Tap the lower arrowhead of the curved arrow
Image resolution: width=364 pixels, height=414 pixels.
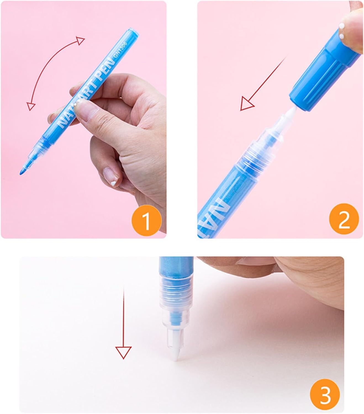pyautogui.click(x=31, y=106)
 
